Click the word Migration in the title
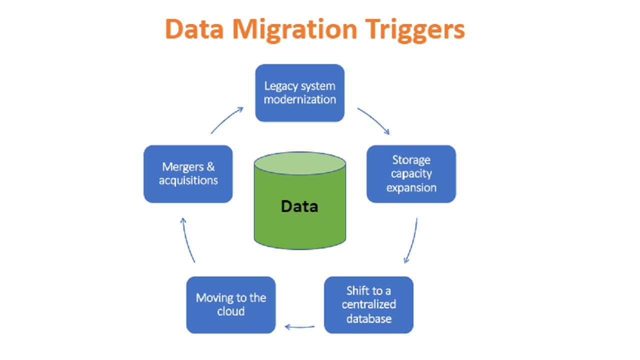[x=294, y=29]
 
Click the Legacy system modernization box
[x=300, y=93]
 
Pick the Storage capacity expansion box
[x=411, y=174]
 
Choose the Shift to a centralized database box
[x=368, y=304]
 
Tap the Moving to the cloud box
[x=230, y=304]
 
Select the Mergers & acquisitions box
[x=188, y=174]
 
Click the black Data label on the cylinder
[x=299, y=206]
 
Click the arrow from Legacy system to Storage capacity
[x=374, y=120]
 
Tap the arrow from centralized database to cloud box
[x=299, y=327]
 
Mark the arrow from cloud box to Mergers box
[x=188, y=240]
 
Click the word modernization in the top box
[x=300, y=99]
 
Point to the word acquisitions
[x=188, y=180]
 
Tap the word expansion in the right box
[x=411, y=188]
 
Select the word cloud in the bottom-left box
[x=230, y=311]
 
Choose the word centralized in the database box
[x=368, y=304]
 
